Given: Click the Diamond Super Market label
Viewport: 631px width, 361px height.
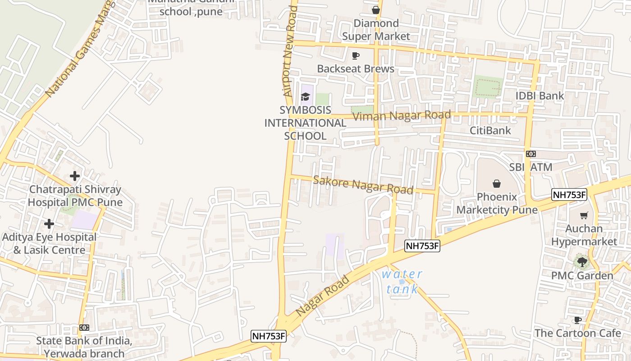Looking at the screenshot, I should tap(376, 30).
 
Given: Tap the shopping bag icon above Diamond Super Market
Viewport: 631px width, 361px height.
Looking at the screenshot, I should tap(376, 9).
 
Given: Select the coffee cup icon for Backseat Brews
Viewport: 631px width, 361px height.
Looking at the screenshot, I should tap(356, 56).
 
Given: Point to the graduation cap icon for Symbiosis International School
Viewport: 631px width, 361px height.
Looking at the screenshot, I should tap(305, 97).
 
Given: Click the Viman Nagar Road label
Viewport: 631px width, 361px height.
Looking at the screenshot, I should tap(402, 116).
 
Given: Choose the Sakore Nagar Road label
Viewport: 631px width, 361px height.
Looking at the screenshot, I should tap(363, 185).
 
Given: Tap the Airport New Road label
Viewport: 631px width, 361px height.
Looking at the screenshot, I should tap(288, 50).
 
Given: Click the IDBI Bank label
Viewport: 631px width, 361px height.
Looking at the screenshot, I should tap(540, 96).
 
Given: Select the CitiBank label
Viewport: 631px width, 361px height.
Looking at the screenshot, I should tap(490, 131).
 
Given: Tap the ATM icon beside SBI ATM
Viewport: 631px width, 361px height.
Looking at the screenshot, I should tap(530, 154).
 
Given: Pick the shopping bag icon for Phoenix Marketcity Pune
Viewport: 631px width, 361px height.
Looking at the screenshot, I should tap(496, 184).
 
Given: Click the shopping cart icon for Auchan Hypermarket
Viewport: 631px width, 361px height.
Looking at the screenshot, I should tap(584, 215).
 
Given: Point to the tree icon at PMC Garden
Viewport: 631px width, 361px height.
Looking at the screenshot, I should tap(582, 261).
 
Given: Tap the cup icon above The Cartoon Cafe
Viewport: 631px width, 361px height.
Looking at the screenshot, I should tap(577, 320).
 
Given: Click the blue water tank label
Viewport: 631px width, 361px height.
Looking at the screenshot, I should tap(402, 282).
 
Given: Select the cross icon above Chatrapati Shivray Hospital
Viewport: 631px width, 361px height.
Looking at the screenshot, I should tap(75, 176).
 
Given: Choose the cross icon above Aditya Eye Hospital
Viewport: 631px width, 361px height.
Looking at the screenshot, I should tap(49, 223).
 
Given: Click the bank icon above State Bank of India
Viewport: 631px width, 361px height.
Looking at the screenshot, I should tap(84, 327).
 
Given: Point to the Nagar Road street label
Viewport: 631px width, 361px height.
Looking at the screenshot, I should tap(323, 296).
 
